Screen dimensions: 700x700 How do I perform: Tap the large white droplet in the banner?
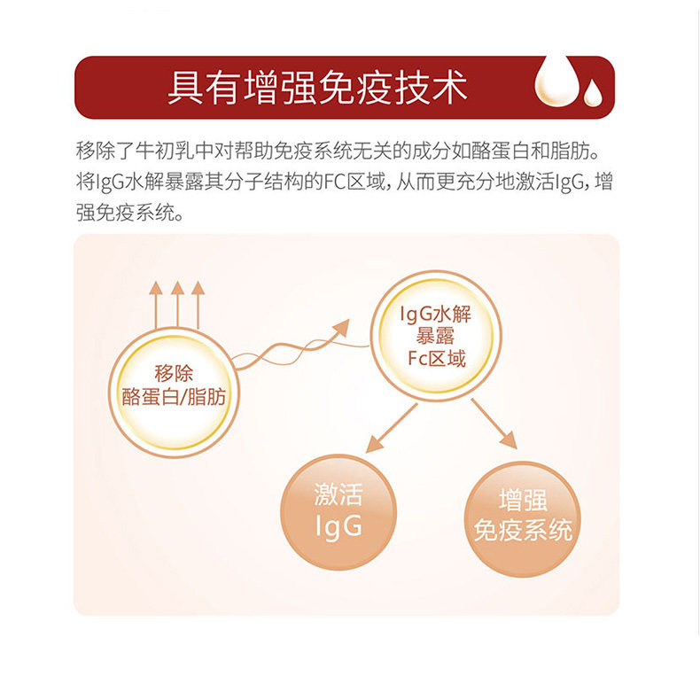[x=553, y=83]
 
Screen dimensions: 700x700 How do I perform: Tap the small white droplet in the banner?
[x=592, y=93]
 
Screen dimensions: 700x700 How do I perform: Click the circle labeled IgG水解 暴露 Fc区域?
[x=433, y=338]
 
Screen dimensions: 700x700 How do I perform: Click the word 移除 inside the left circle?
[x=174, y=373]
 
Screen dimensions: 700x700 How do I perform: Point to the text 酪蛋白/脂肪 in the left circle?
[x=174, y=396]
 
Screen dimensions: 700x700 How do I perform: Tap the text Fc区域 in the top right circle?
[x=433, y=359]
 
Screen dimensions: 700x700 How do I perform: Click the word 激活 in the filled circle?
[x=338, y=494]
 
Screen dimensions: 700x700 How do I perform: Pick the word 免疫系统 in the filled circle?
[x=523, y=531]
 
